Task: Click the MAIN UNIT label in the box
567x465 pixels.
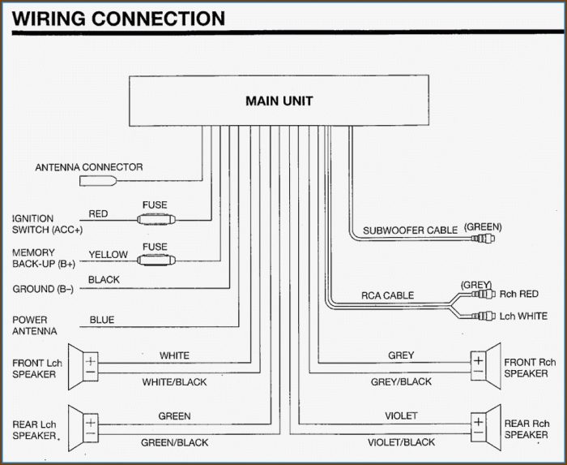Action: point(279,101)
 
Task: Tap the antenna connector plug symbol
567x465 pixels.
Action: point(98,180)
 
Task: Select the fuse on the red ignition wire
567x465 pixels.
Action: point(156,219)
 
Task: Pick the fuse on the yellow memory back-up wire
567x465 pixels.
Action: point(156,260)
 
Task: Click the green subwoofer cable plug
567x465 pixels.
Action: point(483,239)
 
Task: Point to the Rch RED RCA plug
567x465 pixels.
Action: point(483,293)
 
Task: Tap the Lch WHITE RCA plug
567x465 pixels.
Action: point(483,316)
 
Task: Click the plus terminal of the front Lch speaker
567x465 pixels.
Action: point(91,361)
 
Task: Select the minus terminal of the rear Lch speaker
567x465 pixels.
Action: point(91,434)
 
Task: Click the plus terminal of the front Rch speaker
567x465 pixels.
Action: point(478,360)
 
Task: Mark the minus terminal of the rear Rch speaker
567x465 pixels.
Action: point(478,433)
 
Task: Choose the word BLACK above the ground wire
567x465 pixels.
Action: point(104,280)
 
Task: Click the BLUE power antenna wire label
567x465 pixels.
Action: point(102,320)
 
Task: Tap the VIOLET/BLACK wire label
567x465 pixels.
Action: point(402,442)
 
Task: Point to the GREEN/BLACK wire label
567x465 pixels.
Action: point(175,442)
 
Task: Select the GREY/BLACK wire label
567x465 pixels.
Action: point(402,381)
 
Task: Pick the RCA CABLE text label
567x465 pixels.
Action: point(388,295)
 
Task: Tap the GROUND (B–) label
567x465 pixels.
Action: point(43,289)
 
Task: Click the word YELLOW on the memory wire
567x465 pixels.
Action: point(108,255)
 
